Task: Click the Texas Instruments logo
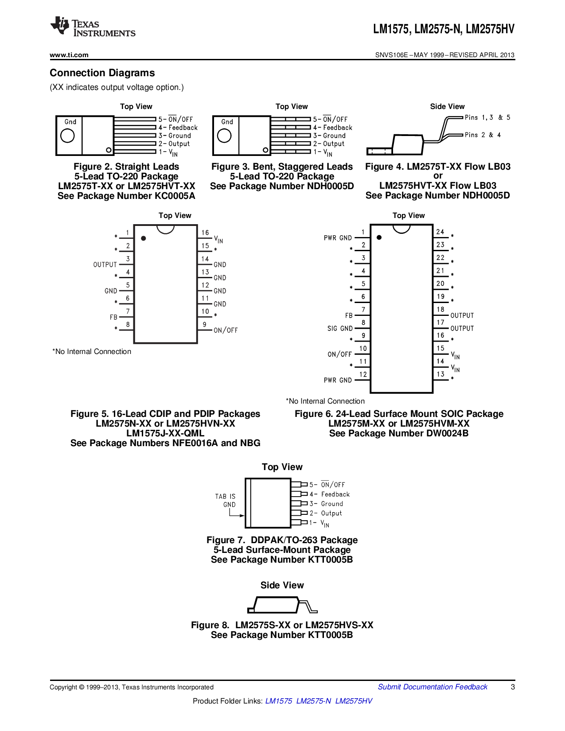(93, 27)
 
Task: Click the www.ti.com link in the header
(69, 55)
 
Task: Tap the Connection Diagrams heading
(102, 73)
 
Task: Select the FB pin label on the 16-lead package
(114, 317)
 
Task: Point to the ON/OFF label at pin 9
(226, 331)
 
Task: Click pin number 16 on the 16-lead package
(205, 233)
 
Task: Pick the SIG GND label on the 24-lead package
(340, 328)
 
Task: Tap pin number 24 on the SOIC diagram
(440, 232)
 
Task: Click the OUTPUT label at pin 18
(462, 315)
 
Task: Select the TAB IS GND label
(226, 501)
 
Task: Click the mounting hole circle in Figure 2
(67, 136)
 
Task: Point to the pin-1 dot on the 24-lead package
(379, 237)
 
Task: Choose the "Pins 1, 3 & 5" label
(487, 117)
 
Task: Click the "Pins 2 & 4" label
(483, 135)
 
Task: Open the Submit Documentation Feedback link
(433, 687)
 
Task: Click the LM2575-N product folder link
(313, 701)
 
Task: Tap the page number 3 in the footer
(513, 687)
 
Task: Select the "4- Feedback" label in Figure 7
(330, 494)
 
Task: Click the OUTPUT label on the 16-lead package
(105, 264)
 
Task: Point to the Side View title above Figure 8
(282, 585)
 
